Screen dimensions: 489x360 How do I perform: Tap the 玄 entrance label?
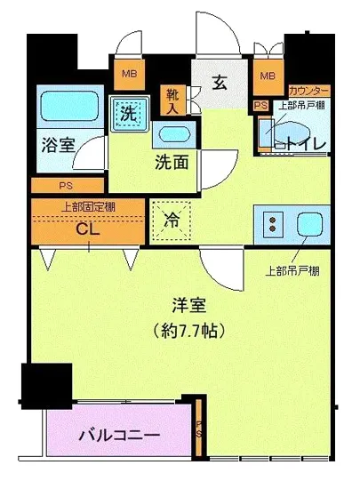coord(219,83)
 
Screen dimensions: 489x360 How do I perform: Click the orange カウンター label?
coord(308,92)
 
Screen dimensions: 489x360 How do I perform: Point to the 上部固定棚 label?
coord(88,206)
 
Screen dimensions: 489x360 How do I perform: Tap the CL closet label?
coord(86,228)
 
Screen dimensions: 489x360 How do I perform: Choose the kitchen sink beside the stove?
coord(308,224)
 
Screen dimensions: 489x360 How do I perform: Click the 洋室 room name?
coord(190,306)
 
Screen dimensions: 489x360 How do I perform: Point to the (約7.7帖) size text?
coord(190,331)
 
